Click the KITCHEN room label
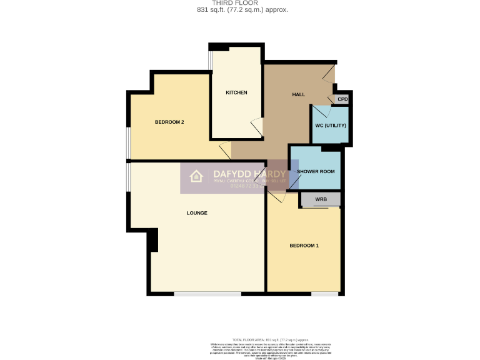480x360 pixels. point(236,92)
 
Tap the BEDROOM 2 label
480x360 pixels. point(169,122)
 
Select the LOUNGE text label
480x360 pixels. point(197,213)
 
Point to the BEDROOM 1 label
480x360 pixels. point(304,246)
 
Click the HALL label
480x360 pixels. point(299,94)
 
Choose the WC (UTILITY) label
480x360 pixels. point(330,126)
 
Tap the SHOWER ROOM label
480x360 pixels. point(316,171)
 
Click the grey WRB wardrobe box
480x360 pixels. point(321,199)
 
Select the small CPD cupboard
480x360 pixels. point(342,99)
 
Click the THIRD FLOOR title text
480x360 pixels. point(240,3)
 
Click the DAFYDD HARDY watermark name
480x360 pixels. point(249,174)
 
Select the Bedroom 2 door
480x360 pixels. point(225,151)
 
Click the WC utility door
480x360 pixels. point(320,111)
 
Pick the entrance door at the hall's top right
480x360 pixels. point(329,74)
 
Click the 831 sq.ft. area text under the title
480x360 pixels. point(240,10)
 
